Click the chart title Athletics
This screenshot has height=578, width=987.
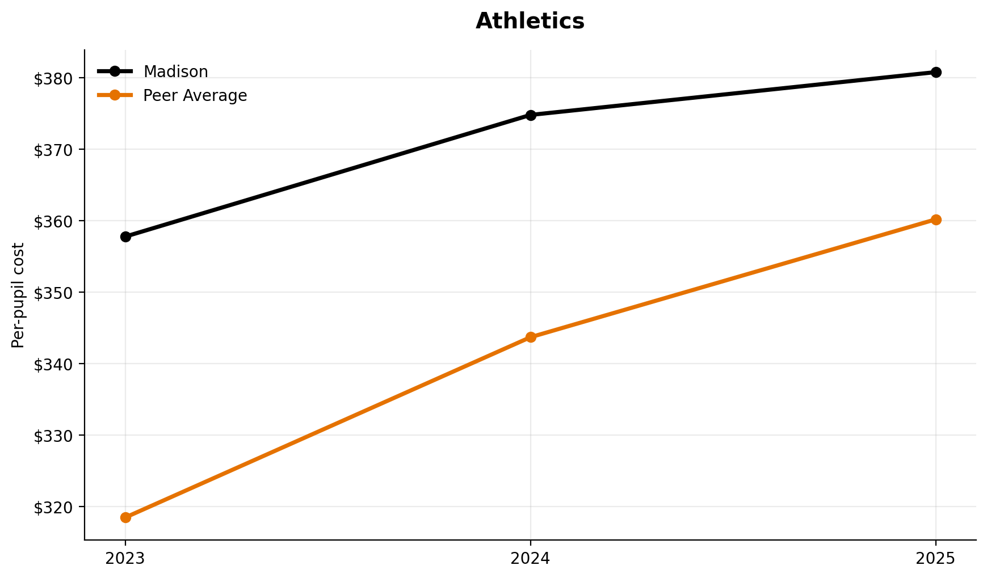[x=530, y=22]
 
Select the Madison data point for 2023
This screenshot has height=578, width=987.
[x=125, y=237]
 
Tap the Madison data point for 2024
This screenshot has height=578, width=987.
[x=531, y=115]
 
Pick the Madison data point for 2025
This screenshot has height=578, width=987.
[x=936, y=72]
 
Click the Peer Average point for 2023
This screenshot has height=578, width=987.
[x=125, y=517]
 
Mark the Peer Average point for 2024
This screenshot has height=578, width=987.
[x=531, y=337]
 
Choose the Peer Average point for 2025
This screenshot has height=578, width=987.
[x=936, y=220]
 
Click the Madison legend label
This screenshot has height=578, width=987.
[x=175, y=72]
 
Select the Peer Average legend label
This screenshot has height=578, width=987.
[x=195, y=96]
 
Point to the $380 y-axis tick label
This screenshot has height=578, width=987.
[x=54, y=78]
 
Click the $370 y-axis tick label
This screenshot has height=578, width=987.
[x=54, y=150]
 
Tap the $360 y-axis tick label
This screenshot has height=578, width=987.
[x=54, y=221]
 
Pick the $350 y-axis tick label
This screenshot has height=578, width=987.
[x=54, y=293]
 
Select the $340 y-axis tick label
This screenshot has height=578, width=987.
[x=54, y=364]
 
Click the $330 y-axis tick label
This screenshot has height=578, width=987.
[x=54, y=436]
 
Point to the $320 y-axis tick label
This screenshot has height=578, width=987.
[x=54, y=507]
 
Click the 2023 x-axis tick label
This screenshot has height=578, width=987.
[x=125, y=559]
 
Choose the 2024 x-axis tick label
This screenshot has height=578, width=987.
[x=531, y=559]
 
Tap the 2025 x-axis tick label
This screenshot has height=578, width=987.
[x=936, y=559]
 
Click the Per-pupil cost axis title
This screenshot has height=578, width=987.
[x=19, y=295]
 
